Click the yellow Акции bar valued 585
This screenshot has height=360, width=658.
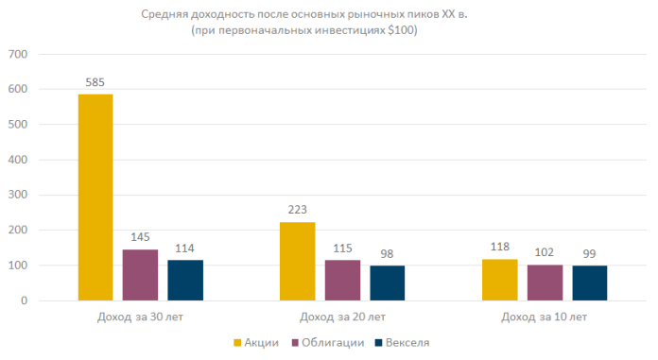pyautogui.click(x=95, y=197)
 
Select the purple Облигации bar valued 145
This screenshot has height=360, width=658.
pyautogui.click(x=140, y=275)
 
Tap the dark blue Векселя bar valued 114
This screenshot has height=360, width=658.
pyautogui.click(x=185, y=281)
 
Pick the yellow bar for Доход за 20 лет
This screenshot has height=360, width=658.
pyautogui.click(x=297, y=262)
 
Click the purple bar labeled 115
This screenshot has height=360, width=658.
pyautogui.click(x=342, y=281)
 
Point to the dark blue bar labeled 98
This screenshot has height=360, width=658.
pyautogui.click(x=388, y=283)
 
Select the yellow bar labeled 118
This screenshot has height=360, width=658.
pyautogui.click(x=499, y=280)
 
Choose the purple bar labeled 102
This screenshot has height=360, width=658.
pyautogui.click(x=545, y=283)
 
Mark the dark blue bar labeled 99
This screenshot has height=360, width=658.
pyautogui.click(x=590, y=283)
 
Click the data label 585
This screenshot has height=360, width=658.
pyautogui.click(x=95, y=82)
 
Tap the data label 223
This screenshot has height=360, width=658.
pyautogui.click(x=297, y=210)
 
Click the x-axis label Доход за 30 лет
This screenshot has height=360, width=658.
pyautogui.click(x=140, y=316)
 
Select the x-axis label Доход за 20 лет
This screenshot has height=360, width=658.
pyautogui.click(x=342, y=316)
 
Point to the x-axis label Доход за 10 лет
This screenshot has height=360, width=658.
pyautogui.click(x=545, y=316)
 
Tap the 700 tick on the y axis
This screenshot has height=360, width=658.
pyautogui.click(x=19, y=55)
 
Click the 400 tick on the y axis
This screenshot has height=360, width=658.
pyautogui.click(x=19, y=160)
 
